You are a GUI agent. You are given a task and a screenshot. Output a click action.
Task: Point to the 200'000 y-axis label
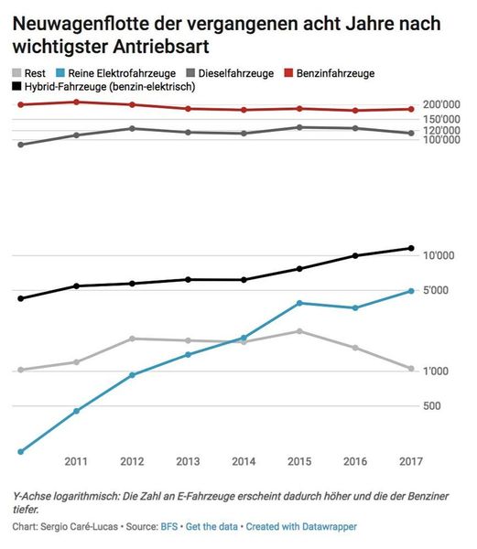[445, 105]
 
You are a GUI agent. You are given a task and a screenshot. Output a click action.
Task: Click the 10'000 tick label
[442, 256]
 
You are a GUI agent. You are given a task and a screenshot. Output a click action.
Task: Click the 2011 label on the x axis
[76, 460]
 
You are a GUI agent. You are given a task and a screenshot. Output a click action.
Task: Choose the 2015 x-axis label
[298, 460]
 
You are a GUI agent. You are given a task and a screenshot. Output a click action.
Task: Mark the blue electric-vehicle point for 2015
[298, 303]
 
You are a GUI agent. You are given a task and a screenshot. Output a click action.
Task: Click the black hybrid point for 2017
[411, 248]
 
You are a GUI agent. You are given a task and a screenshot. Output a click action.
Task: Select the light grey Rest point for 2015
[298, 331]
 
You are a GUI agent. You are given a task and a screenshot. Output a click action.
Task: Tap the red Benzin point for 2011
[76, 102]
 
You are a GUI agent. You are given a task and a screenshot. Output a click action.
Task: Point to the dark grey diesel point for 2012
[132, 128]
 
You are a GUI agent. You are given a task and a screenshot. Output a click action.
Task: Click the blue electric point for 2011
[76, 411]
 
